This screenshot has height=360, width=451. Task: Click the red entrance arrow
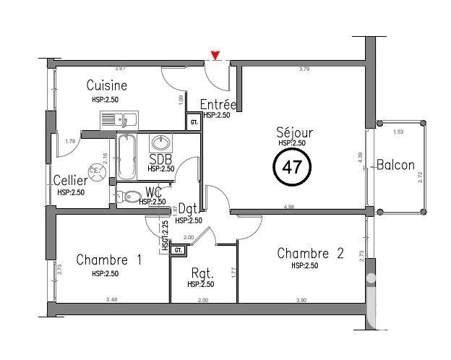pos(215,55)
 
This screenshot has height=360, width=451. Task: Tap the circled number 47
pos(292,168)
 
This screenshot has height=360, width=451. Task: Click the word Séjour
pos(292,133)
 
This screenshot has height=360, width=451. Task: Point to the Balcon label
pos(395,165)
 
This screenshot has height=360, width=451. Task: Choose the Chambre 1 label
pos(108,260)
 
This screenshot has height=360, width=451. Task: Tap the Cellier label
pos(70,180)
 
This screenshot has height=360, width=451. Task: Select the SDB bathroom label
pos(160,158)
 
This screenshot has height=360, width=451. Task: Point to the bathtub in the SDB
pos(126,158)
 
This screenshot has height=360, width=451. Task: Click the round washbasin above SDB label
pos(160,142)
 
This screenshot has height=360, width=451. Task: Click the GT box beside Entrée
pos(194,122)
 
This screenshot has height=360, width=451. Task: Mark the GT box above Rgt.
pos(178,249)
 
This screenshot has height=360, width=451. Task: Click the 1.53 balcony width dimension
pos(398,132)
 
